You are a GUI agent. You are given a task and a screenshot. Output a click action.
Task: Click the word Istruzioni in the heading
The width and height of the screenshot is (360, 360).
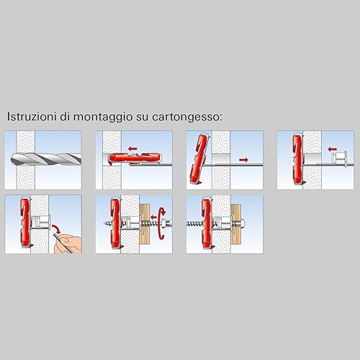click(x=28, y=116)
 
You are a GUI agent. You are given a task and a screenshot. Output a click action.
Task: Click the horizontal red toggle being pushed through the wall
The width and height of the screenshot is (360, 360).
click(x=130, y=159)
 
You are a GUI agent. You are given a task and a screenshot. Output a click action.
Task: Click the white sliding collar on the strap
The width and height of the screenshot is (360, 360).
click(x=334, y=157)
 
